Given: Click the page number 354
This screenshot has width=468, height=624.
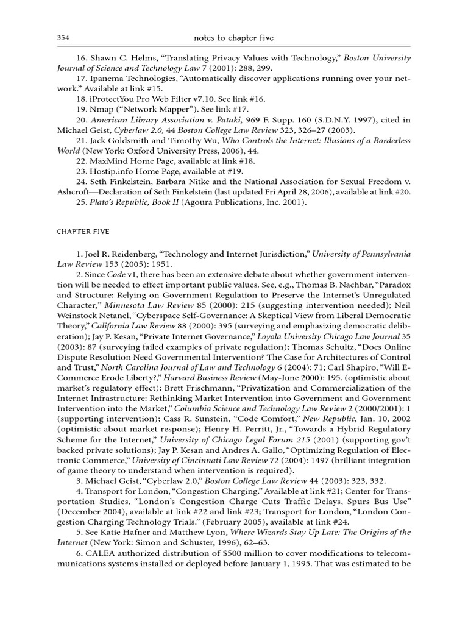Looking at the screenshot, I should tap(63, 38).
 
